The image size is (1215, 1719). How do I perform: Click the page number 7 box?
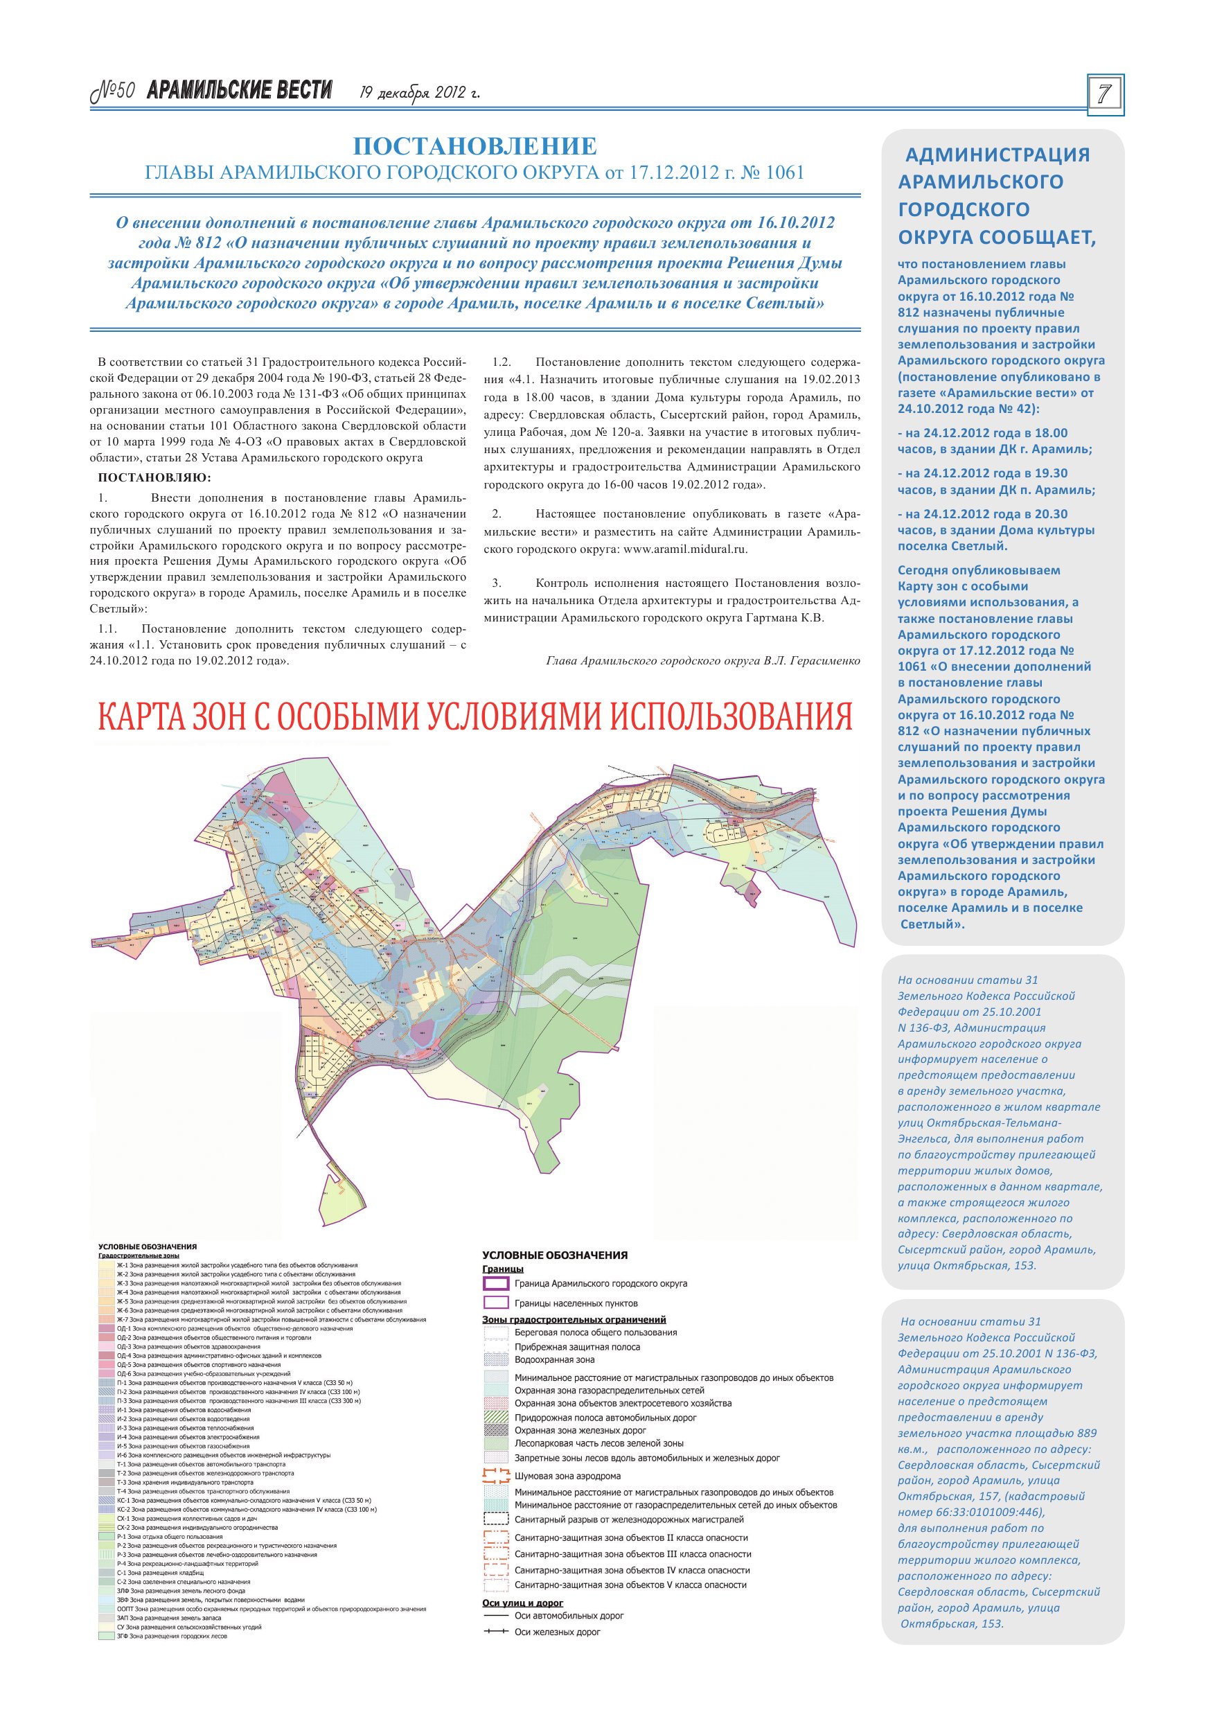point(1104,94)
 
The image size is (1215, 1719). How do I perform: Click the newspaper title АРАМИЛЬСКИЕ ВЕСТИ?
point(240,91)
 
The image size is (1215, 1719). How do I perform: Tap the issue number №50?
point(112,91)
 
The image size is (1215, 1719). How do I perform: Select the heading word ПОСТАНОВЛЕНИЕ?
point(475,146)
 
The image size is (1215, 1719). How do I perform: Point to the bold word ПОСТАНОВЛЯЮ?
point(155,477)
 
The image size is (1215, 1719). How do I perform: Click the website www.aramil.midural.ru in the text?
point(685,549)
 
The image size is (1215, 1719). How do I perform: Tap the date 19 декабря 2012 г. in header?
point(419,93)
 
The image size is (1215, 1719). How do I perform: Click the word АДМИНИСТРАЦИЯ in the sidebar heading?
point(997,155)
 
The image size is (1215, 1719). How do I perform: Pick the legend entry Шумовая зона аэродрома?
point(567,1476)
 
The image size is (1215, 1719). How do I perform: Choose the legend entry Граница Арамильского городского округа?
point(601,1283)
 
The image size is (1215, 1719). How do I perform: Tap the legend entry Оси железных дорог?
point(557,1632)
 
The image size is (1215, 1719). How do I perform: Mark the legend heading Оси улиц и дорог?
point(522,1603)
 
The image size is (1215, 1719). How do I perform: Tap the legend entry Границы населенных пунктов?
point(576,1303)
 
